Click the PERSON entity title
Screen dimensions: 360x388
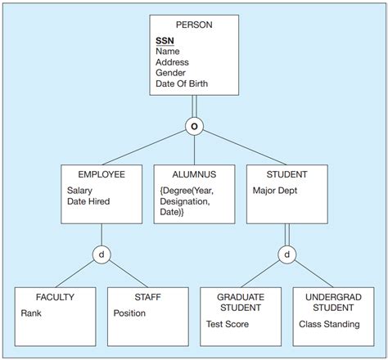click(193, 25)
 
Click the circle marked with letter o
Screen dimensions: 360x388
click(193, 127)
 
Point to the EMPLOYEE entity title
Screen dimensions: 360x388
click(102, 174)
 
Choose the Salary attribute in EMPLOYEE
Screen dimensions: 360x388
click(81, 191)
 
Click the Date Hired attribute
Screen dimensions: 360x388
click(88, 201)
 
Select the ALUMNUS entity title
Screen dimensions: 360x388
click(194, 174)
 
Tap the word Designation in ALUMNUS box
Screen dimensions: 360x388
click(183, 201)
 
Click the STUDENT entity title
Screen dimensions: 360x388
click(286, 174)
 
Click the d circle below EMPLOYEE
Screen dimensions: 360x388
click(102, 254)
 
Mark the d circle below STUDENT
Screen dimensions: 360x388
click(286, 254)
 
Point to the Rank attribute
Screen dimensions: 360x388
click(32, 313)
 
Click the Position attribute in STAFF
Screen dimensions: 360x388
click(129, 313)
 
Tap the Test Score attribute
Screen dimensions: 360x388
click(228, 324)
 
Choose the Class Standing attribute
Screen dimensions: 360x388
click(328, 324)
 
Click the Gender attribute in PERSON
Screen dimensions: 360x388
click(169, 72)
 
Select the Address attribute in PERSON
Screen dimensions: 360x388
click(171, 61)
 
